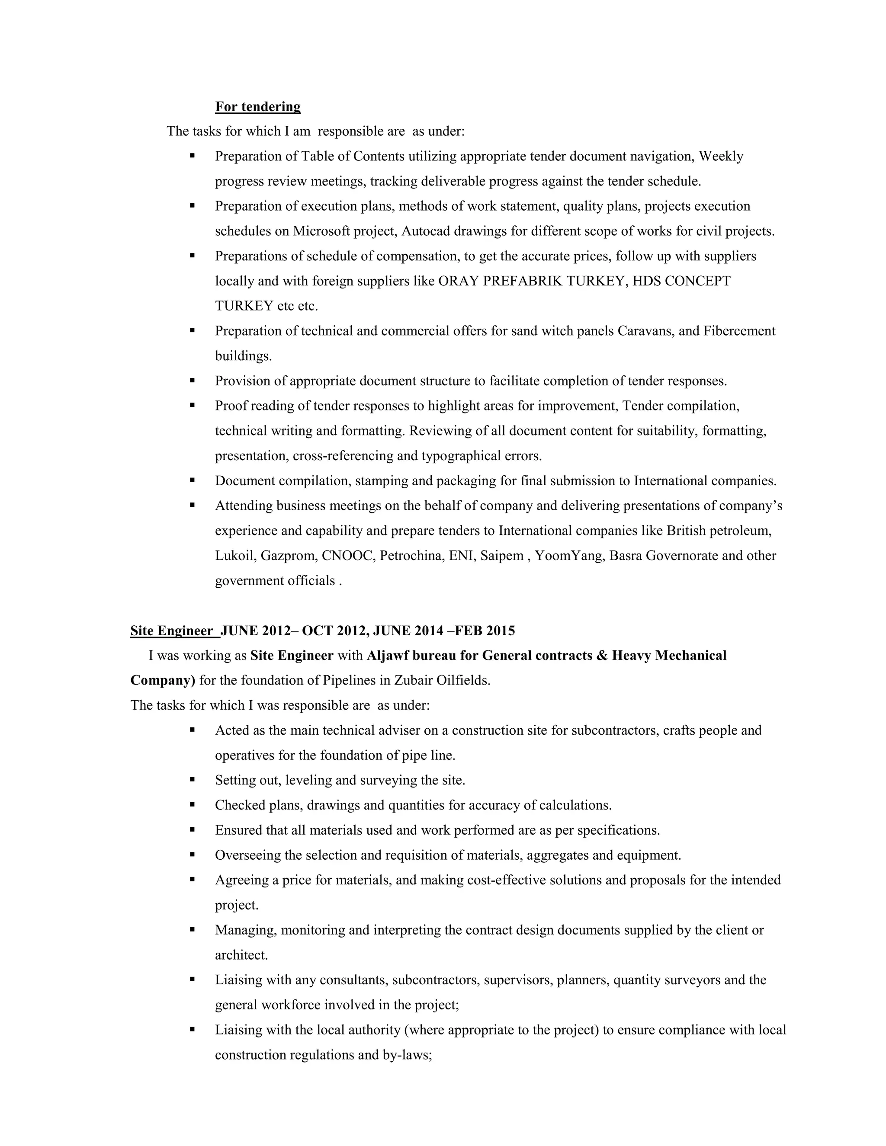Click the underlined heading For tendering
click(x=258, y=107)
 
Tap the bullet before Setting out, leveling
click(x=193, y=780)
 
